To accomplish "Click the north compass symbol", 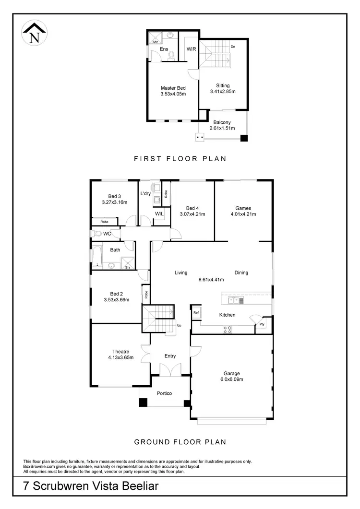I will [34, 34].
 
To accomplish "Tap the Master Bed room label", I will [173, 88].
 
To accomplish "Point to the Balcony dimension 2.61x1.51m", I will [222, 128].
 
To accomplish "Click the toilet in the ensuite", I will [171, 54].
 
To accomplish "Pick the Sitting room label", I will [223, 85].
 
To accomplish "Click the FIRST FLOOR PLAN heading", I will [180, 158].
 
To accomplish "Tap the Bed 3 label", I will [114, 196].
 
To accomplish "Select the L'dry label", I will [145, 194].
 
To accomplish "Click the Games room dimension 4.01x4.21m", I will [243, 214].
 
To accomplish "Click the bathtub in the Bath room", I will [97, 256].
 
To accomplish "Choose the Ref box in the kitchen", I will [196, 313].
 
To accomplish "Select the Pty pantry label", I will [262, 324].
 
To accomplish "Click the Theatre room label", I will [120, 352].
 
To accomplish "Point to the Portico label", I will [164, 393].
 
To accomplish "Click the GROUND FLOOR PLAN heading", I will [180, 442].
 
